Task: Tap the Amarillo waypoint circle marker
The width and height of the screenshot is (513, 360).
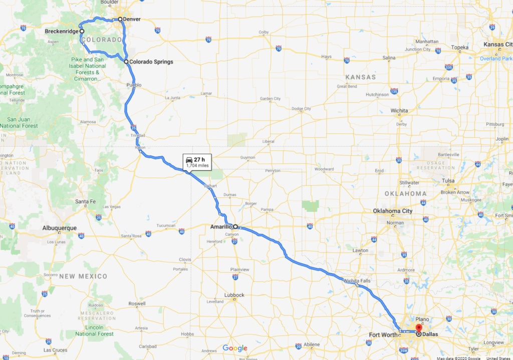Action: (x=235, y=226)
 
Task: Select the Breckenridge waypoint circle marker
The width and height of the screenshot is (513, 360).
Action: (x=82, y=31)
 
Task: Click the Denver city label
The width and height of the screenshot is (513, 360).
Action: (x=132, y=20)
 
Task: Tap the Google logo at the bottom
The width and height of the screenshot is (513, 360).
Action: (x=235, y=348)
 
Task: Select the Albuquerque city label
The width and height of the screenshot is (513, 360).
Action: (x=60, y=228)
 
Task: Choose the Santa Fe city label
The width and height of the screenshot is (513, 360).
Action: (x=85, y=201)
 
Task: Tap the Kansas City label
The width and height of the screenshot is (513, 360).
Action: (x=497, y=45)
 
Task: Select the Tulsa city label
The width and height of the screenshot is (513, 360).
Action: (x=448, y=181)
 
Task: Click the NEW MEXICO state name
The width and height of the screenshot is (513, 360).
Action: (x=83, y=276)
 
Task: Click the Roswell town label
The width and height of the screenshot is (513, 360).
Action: (x=137, y=303)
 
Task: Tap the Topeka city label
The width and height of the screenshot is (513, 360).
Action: (x=459, y=48)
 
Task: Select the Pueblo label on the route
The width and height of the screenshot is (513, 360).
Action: (x=134, y=85)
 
